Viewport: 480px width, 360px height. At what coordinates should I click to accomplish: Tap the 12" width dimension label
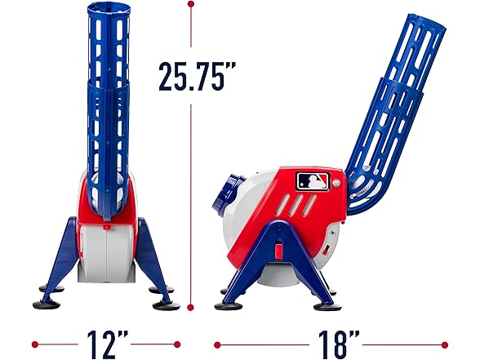tap(108, 342)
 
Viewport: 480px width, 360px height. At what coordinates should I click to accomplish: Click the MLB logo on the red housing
tap(314, 180)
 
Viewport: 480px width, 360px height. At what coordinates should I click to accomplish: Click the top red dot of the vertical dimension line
tap(191, 5)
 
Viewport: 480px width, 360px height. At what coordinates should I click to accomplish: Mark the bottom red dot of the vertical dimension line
tap(191, 309)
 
